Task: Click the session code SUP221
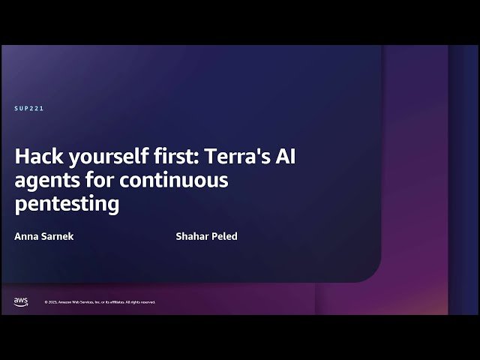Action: point(29,109)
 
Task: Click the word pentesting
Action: point(67,203)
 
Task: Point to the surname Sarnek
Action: point(58,236)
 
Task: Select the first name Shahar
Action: point(191,236)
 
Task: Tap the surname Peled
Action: point(224,236)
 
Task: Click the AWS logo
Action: point(20,301)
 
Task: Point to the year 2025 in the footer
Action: point(53,302)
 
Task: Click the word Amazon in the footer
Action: point(66,302)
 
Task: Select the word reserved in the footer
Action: point(148,302)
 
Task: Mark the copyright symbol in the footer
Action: point(46,302)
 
